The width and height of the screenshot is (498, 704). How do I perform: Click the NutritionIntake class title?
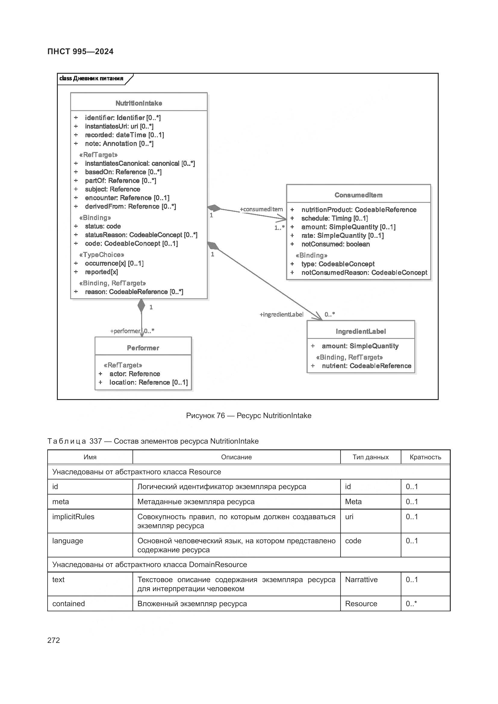[139, 103]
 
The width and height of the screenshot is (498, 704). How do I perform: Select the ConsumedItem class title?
[358, 195]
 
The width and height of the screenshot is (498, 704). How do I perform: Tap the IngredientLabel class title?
[361, 331]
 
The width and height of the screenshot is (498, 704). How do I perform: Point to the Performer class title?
[143, 348]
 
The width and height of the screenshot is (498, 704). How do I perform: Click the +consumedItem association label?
[261, 209]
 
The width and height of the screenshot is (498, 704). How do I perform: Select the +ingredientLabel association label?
[282, 315]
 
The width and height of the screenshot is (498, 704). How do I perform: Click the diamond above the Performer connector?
[142, 305]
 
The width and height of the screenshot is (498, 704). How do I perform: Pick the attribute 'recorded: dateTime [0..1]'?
[124, 135]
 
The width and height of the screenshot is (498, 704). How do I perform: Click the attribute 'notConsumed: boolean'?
[335, 244]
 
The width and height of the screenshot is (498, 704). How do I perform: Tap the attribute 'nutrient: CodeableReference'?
[366, 366]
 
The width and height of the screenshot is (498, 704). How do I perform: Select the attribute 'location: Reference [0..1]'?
[148, 382]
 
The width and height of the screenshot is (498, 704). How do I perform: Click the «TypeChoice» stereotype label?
[101, 255]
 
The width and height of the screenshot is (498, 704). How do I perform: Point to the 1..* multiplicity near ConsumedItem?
[279, 228]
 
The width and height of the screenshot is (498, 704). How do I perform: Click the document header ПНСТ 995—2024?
[80, 51]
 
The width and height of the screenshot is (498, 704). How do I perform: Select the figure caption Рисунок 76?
[248, 416]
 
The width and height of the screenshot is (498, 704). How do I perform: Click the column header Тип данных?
[370, 457]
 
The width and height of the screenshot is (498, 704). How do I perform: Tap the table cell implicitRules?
[73, 517]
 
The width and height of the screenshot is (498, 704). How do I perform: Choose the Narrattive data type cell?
[361, 579]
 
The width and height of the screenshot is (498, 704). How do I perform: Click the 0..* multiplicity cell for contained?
[411, 603]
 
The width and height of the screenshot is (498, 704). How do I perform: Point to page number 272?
[54, 640]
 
